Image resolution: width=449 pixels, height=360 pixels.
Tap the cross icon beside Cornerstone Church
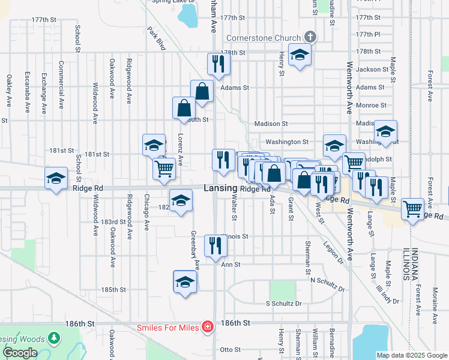point(310,37)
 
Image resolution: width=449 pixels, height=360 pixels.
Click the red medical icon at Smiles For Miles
point(207,326)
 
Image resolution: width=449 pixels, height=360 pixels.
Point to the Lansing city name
point(220,188)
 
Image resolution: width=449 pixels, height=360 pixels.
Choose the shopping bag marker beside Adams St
point(202,91)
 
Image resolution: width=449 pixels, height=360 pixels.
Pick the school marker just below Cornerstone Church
point(299,55)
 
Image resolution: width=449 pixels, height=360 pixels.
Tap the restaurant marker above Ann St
point(215,245)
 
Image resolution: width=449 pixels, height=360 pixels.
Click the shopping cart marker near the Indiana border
point(412,209)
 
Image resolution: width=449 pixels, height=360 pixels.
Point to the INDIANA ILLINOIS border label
point(410,265)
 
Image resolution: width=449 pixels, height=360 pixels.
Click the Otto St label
point(230,349)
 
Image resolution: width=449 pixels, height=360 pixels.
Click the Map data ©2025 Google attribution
point(411,355)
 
